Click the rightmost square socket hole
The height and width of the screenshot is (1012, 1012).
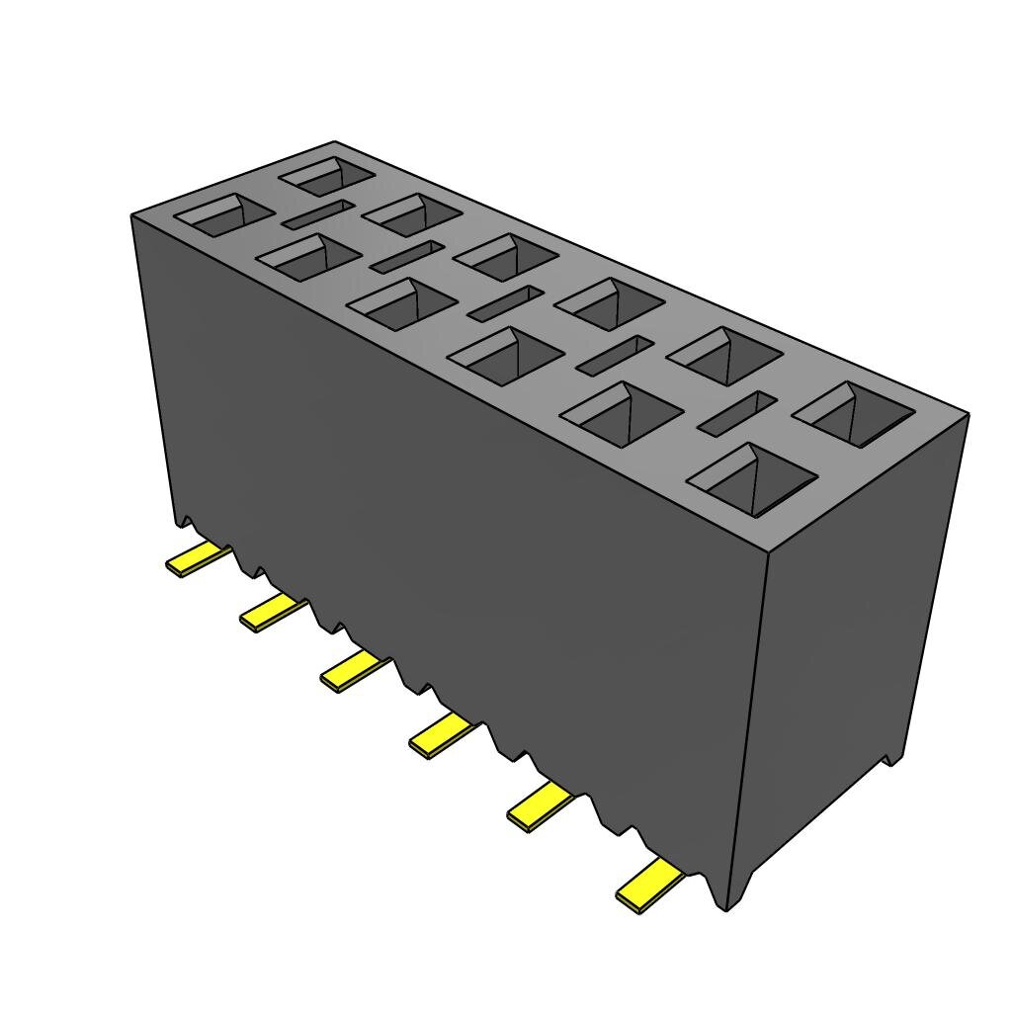coord(854,412)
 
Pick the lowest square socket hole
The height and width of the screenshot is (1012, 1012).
coord(751,479)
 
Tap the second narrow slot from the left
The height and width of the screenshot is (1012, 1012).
coord(406,256)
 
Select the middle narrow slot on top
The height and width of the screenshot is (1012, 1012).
coord(506,302)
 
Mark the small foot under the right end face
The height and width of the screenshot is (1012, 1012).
coord(893,757)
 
